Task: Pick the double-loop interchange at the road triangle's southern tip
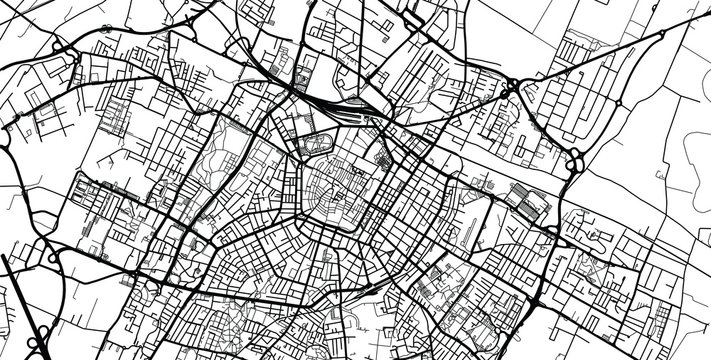click(577, 160)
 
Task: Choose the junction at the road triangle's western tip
click(509, 90)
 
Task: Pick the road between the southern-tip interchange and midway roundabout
click(596, 130)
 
